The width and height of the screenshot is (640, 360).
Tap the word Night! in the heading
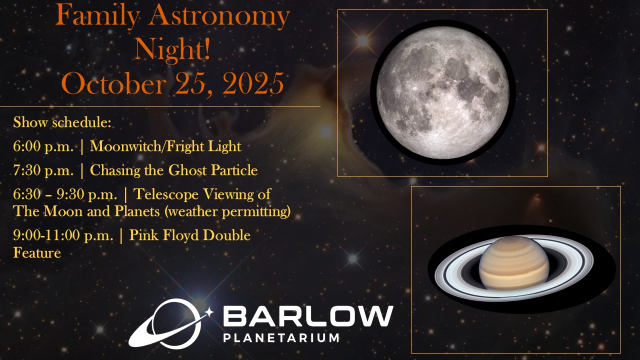pyautogui.click(x=172, y=49)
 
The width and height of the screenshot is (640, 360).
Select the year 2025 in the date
pyautogui.click(x=253, y=83)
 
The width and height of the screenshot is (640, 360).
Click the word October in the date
pyautogui.click(x=113, y=83)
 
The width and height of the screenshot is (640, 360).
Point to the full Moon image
pyautogui.click(x=442, y=92)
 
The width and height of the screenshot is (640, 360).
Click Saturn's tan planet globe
pyautogui.click(x=514, y=263)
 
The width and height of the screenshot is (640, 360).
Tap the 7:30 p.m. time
pyautogui.click(x=43, y=170)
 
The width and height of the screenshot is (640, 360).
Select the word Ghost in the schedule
pyautogui.click(x=187, y=170)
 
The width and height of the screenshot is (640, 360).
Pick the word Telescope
pyautogui.click(x=165, y=194)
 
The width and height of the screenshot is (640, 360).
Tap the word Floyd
pyautogui.click(x=180, y=235)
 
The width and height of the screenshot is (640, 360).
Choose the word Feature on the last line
pyautogui.click(x=37, y=253)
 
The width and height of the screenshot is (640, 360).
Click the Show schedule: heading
pyautogui.click(x=62, y=122)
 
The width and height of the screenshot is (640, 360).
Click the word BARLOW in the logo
pyautogui.click(x=308, y=316)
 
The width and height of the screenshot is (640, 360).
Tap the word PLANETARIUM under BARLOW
pyautogui.click(x=281, y=337)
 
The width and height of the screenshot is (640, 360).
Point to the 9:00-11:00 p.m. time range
pyautogui.click(x=63, y=235)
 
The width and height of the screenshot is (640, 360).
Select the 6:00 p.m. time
pyautogui.click(x=43, y=146)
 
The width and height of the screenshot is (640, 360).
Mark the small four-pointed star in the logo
pyautogui.click(x=209, y=312)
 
